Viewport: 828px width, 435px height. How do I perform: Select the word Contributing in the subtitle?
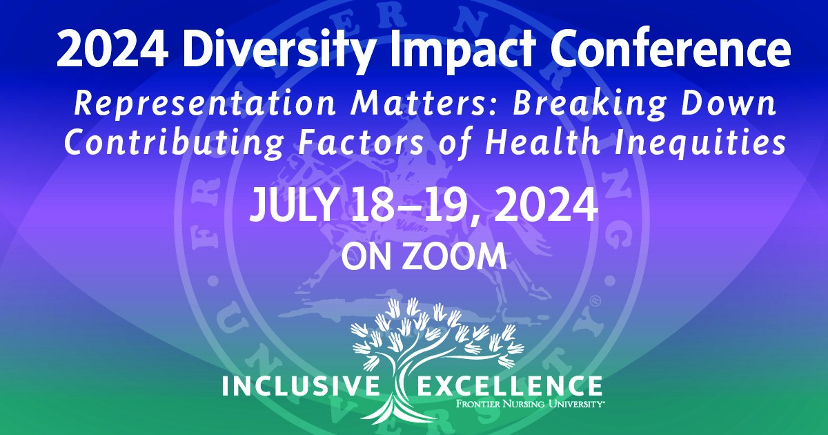pyautogui.click(x=175, y=144)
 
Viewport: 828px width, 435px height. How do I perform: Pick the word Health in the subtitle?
pyautogui.click(x=542, y=142)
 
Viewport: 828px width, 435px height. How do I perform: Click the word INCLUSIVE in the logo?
pyautogui.click(x=301, y=386)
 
